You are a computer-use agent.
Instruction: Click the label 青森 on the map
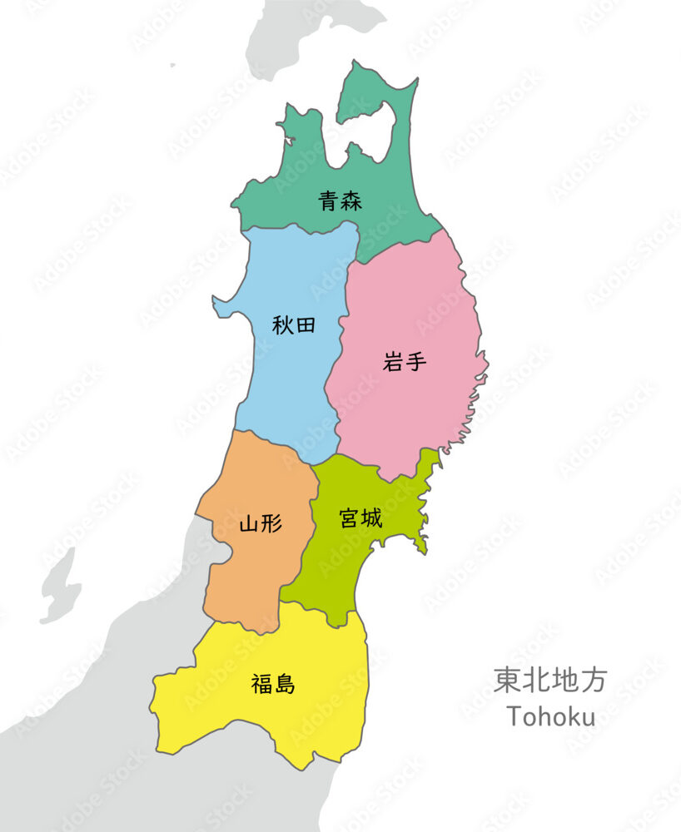(x=340, y=201)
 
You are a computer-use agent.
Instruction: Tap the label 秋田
(x=294, y=324)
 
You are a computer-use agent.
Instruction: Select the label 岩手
(x=405, y=362)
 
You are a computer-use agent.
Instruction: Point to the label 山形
(x=260, y=523)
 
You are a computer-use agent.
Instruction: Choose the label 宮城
(x=360, y=518)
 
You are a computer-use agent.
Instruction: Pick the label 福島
(x=273, y=685)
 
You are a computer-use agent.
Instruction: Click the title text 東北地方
(x=549, y=680)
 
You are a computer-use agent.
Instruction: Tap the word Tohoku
(x=550, y=716)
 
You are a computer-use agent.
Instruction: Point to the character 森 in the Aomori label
(x=351, y=201)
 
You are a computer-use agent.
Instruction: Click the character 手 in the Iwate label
(x=416, y=362)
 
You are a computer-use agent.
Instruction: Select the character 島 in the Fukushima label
(x=285, y=685)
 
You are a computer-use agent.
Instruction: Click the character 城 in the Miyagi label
(x=372, y=518)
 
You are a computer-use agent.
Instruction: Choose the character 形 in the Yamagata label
(x=271, y=523)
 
